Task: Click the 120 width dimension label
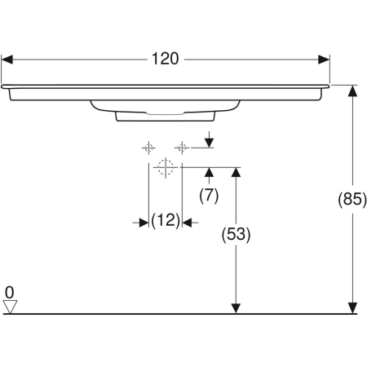point(166,60)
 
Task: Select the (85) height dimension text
point(352,199)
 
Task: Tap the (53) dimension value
point(236,235)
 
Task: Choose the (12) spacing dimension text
point(166,221)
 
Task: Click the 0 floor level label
point(9,291)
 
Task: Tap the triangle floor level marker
point(10,306)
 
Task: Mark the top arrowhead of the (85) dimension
point(352,91)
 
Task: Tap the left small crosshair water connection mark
point(148,148)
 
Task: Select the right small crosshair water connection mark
point(182,148)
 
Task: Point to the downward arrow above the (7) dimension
point(210,142)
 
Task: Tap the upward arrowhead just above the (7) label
point(210,172)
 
